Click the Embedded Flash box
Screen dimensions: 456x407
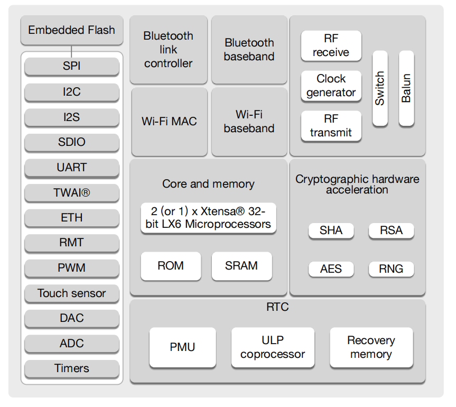72,30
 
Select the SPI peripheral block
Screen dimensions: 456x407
72,66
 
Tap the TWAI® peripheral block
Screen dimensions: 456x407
72,193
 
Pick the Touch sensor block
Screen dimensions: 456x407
72,293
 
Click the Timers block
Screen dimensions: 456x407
72,369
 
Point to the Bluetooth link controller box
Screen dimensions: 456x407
169,50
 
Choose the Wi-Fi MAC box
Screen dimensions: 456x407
169,122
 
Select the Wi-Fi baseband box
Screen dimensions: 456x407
249,122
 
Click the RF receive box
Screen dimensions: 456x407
331,46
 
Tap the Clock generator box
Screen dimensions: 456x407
331,86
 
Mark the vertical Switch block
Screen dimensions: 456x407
380,88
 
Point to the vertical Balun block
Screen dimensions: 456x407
406,88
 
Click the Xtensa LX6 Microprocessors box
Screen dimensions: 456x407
208,218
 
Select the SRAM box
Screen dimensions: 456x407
241,266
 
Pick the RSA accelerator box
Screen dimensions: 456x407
391,231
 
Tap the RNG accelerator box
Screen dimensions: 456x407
391,269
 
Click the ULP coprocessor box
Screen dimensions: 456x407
273,348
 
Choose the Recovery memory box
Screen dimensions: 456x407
371,348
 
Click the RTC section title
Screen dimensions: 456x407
277,307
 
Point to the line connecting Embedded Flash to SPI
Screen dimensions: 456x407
71,51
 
